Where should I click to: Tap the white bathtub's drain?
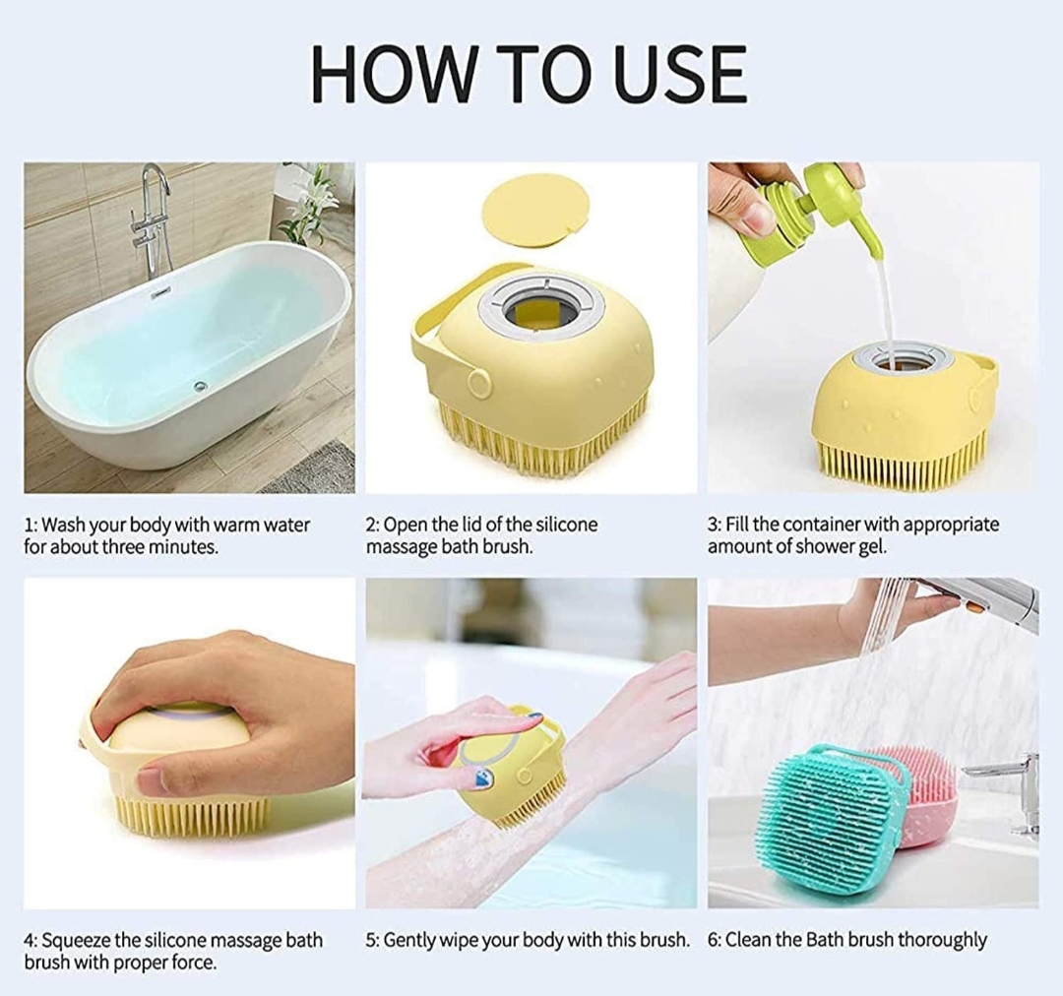coord(199,386)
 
